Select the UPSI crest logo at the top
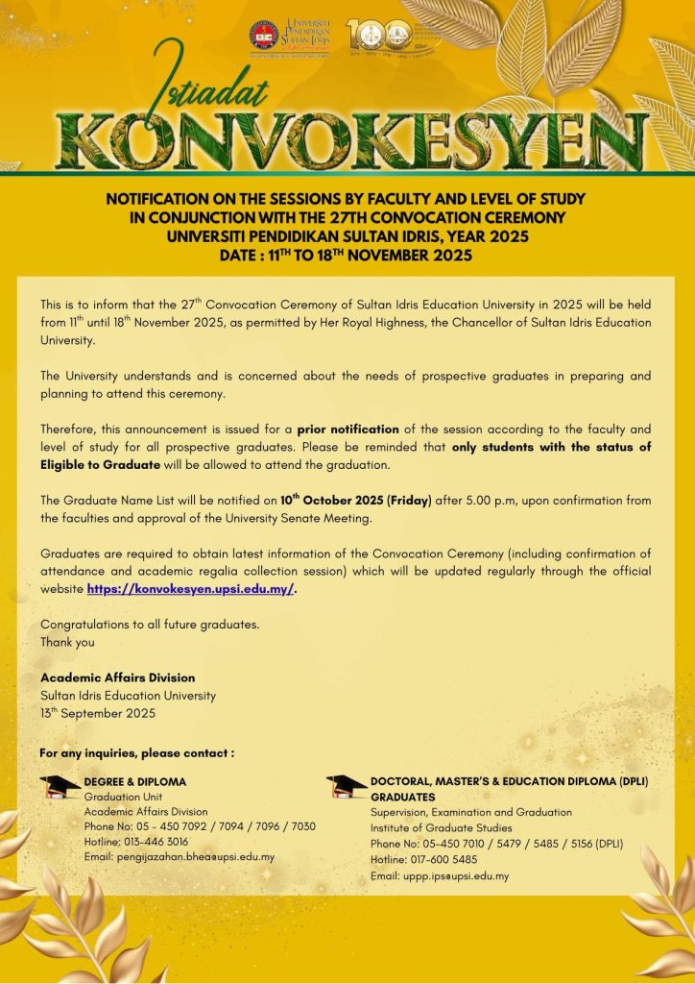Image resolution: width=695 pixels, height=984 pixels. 264,36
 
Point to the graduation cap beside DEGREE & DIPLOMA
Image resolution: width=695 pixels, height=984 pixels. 60,787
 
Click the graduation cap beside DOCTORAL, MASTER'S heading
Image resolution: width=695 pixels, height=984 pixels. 346,787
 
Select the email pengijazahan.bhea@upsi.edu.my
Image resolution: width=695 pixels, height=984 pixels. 180,856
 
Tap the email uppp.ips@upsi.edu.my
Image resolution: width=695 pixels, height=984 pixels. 440,875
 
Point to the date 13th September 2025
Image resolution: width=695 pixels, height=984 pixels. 97,713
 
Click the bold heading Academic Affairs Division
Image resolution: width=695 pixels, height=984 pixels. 117,677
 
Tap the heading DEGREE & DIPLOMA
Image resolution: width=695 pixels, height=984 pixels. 134,781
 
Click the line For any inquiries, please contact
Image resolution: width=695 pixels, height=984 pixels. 137,752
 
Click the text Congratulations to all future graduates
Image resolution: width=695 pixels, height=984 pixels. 150,625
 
